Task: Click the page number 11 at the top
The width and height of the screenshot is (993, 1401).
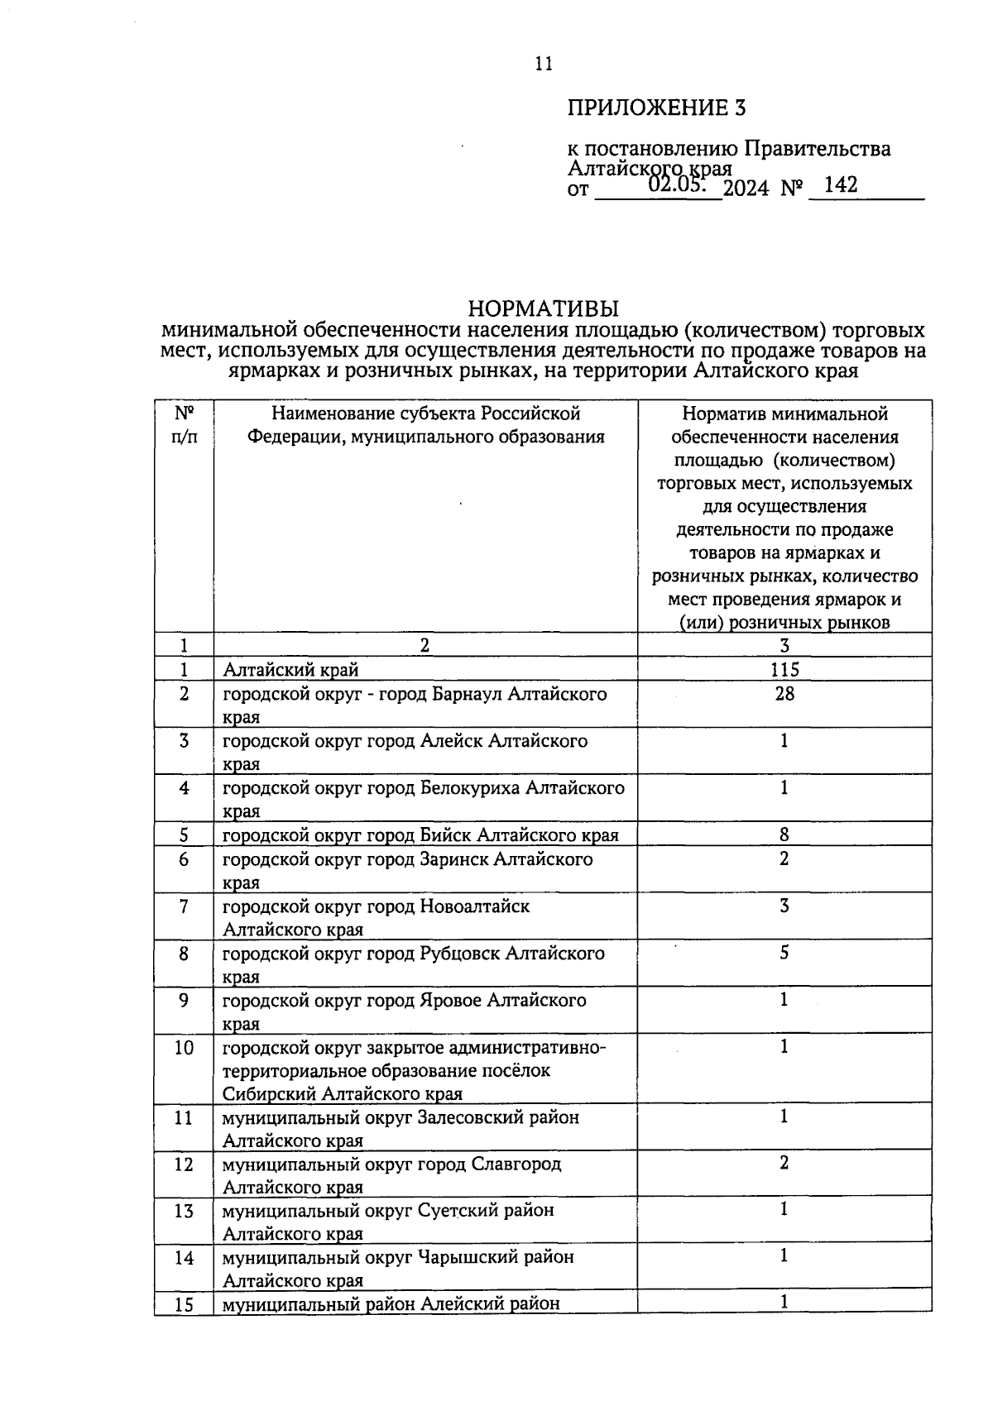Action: coord(544,65)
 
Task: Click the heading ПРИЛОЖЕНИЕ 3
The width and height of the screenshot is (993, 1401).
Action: coord(657,108)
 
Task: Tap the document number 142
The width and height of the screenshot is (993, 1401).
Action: coord(841,185)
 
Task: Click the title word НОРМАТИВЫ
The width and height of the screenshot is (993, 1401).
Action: coord(543,308)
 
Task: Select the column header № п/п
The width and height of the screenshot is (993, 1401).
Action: coord(184,424)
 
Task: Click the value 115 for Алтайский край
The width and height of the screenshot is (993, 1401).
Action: coord(784,670)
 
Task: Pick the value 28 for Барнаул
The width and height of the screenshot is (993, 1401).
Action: coord(784,694)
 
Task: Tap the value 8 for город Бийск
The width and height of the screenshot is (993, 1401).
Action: coord(784,835)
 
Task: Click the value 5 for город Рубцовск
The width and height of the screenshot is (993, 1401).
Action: coord(784,954)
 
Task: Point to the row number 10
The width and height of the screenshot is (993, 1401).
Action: coord(184,1048)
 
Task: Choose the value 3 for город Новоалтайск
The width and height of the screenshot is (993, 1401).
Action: coord(784,906)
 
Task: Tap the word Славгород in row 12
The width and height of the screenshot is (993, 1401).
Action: coord(516,1164)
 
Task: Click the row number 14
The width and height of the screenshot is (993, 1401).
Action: coord(184,1258)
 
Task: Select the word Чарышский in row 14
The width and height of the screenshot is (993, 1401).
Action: coord(468,1258)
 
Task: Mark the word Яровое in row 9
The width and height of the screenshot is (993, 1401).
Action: coord(450,1001)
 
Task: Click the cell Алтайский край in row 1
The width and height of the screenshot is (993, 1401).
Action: coord(290,670)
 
